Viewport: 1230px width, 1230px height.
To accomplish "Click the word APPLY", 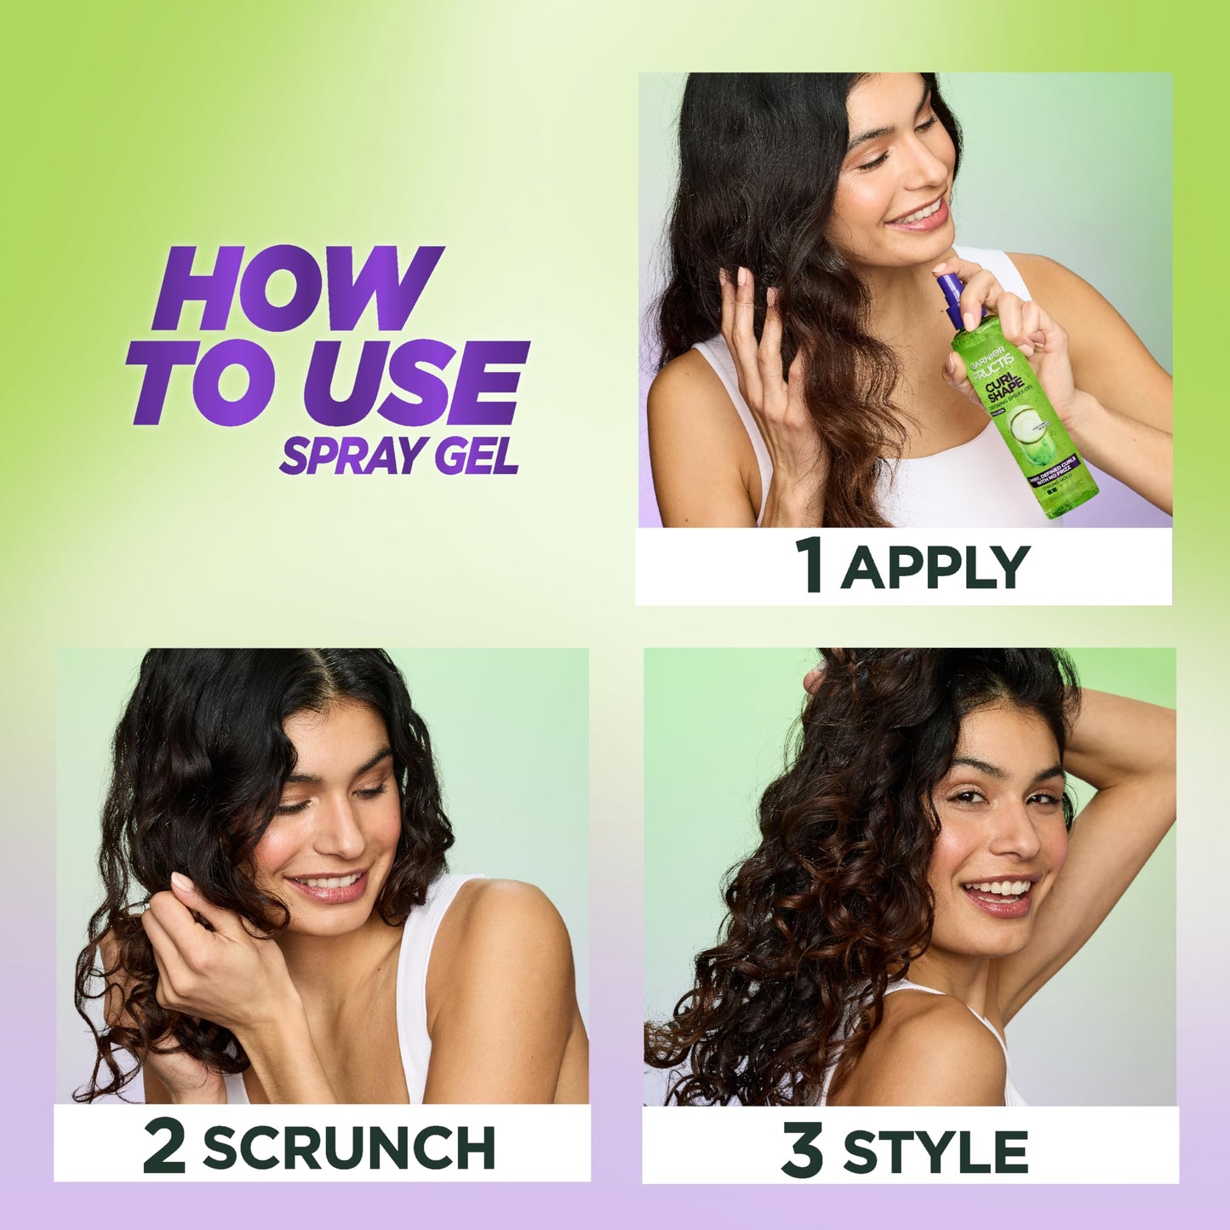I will pos(935,567).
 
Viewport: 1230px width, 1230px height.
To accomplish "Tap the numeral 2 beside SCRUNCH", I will pos(164,1146).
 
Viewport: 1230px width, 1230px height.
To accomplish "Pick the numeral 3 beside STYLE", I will pos(802,1150).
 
